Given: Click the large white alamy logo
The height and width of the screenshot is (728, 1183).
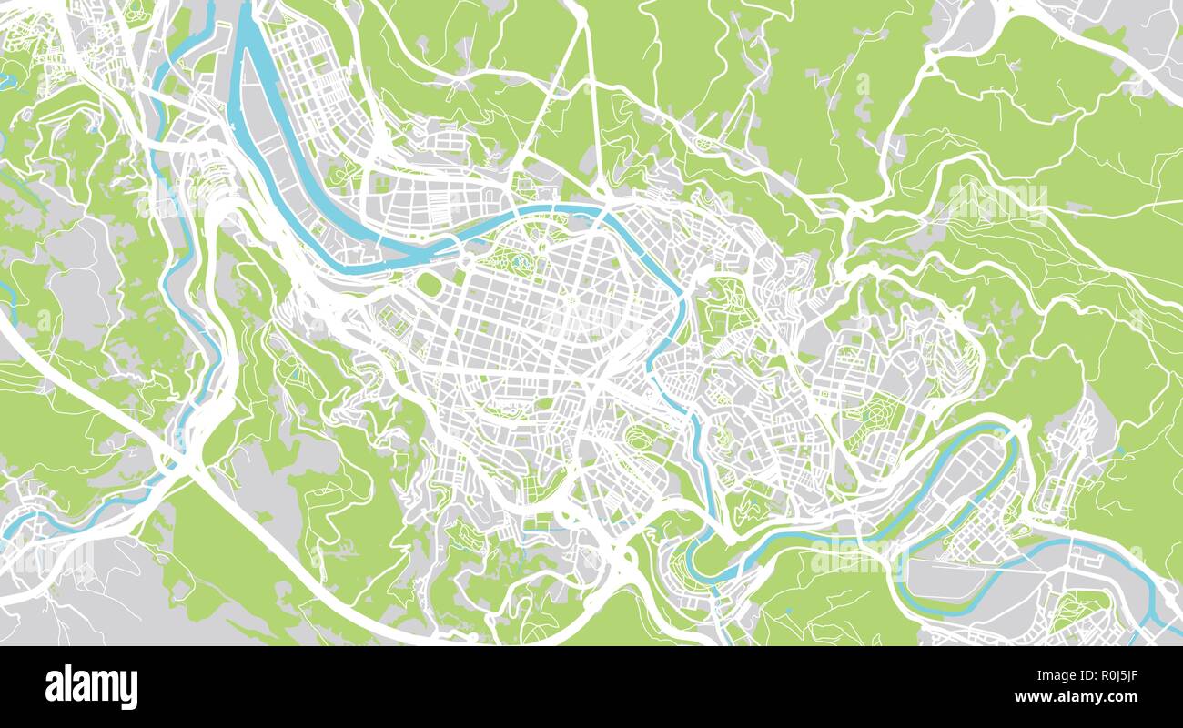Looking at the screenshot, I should click(91, 686).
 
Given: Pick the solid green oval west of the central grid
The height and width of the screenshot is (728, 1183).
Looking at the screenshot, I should click(429, 285).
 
